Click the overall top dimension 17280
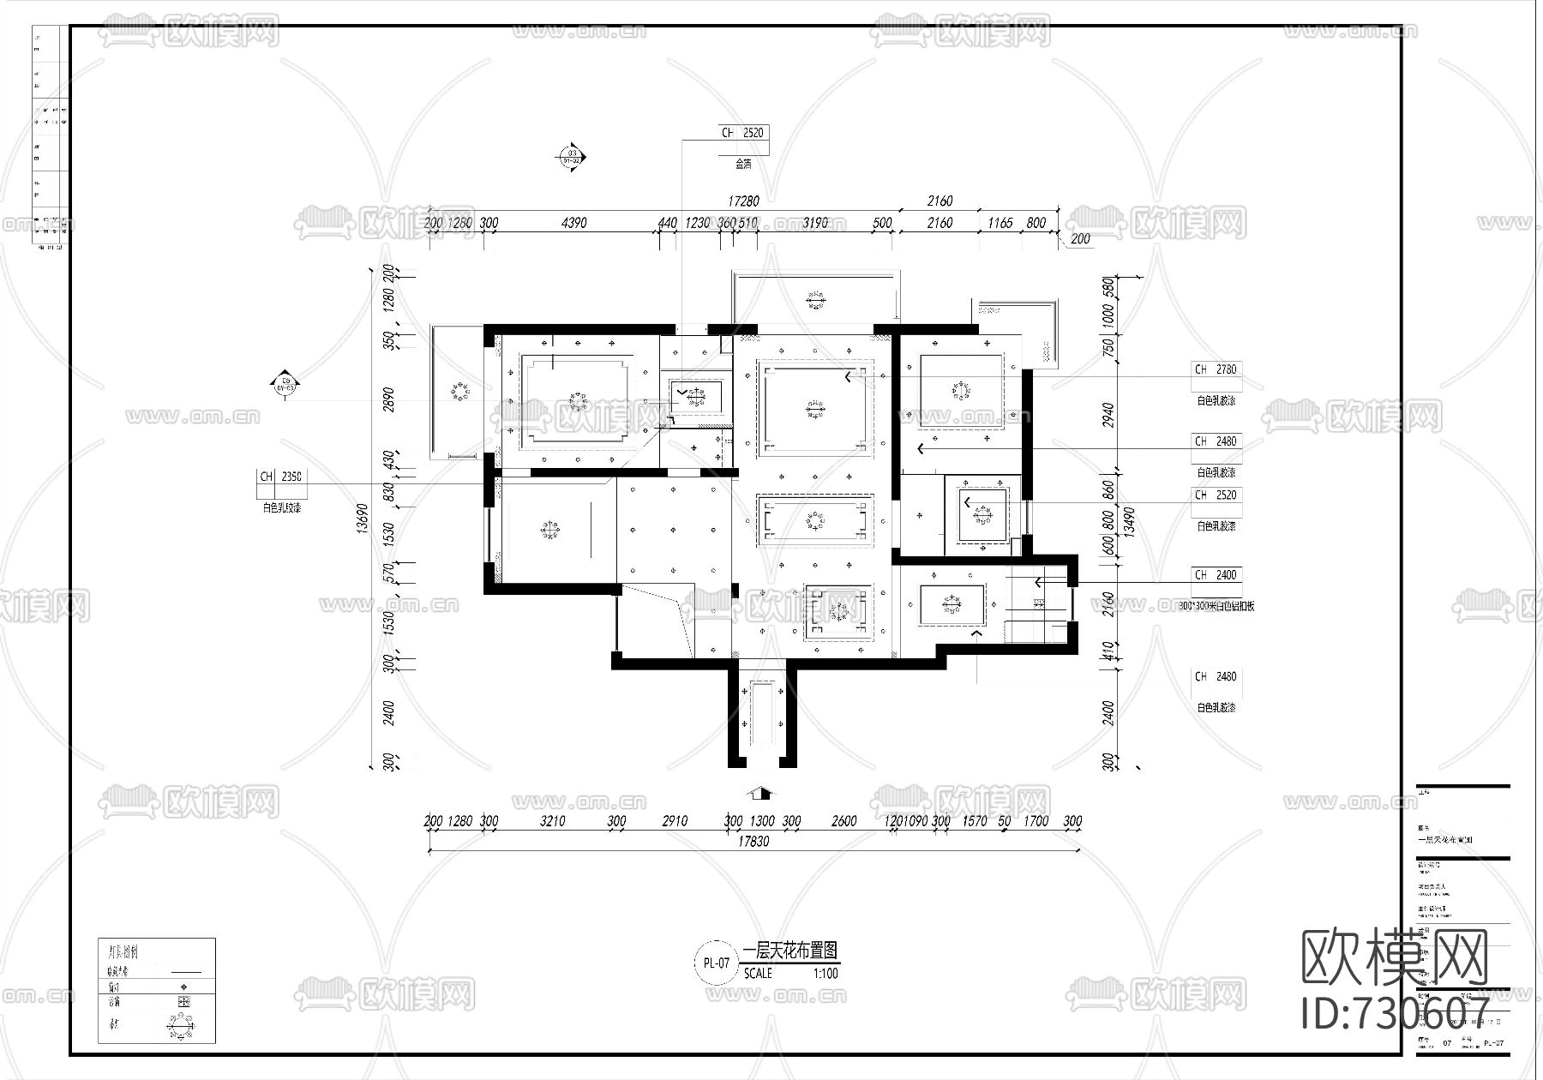[x=742, y=201]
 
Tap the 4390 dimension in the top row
[x=573, y=223]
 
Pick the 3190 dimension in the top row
[x=814, y=223]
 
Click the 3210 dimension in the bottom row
[x=552, y=821]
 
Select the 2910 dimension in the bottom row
[x=675, y=821]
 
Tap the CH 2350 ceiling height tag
[x=281, y=477]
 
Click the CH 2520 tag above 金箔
[x=742, y=133]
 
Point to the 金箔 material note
[x=742, y=163]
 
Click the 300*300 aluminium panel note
[x=1216, y=606]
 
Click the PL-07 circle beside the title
[x=716, y=963]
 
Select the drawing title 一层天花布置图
[x=790, y=950]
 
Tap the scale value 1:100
[x=826, y=974]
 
